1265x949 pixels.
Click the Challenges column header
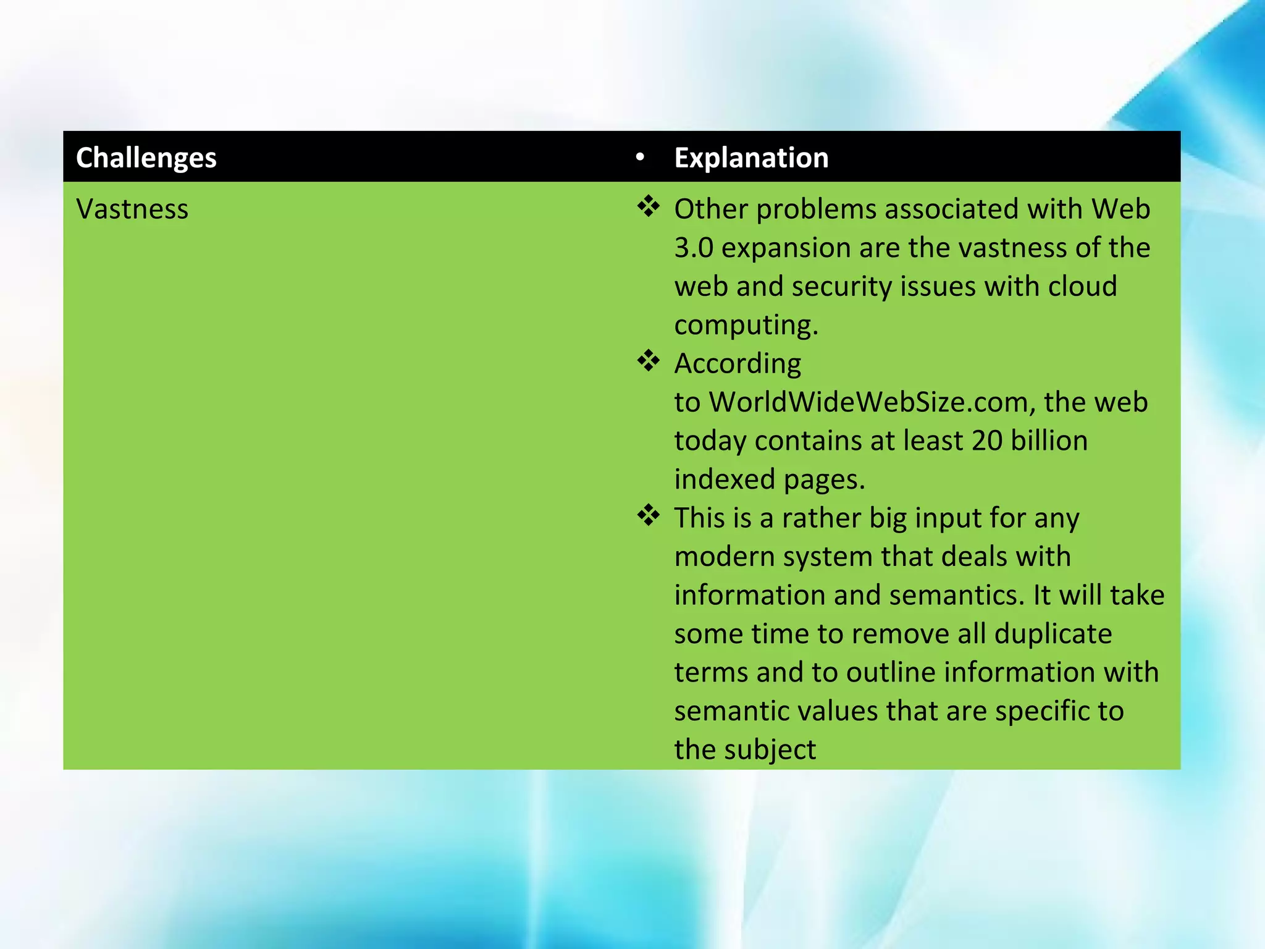146,158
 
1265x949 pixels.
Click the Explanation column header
751,158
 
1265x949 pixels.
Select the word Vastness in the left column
132,209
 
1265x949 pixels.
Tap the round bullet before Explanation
640,158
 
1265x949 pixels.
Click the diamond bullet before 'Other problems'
648,206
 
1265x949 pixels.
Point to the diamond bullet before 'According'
648,361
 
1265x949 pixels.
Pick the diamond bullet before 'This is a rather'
648,515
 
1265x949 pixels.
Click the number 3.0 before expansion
694,248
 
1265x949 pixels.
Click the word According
738,364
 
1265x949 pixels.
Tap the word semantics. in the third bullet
957,596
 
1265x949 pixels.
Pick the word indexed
716,479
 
